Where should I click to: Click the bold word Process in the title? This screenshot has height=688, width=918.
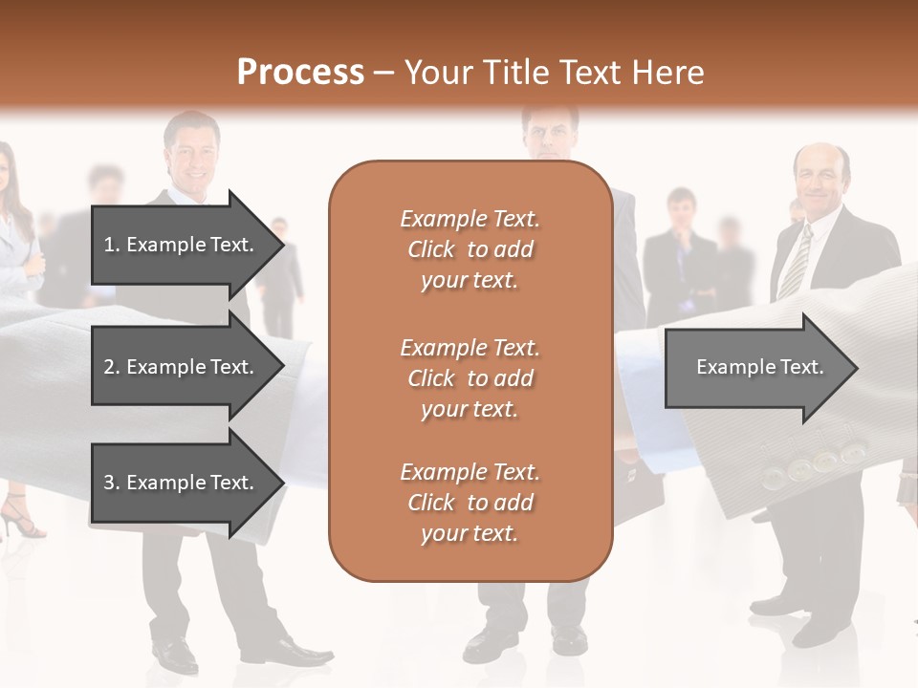[300, 73]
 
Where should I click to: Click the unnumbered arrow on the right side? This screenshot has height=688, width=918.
[760, 367]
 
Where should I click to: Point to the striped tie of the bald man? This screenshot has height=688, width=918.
[796, 260]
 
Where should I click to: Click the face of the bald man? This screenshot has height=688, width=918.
[820, 180]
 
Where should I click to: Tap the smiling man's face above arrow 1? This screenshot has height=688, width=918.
[191, 153]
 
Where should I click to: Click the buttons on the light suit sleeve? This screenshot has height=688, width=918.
[813, 465]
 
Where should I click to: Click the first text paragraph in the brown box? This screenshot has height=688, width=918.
[470, 249]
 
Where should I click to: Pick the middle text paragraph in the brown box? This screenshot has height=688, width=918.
[470, 377]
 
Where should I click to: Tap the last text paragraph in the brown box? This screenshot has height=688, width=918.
[470, 503]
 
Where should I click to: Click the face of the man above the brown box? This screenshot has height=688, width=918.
[551, 132]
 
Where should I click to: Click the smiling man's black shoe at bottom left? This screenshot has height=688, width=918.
[175, 656]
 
